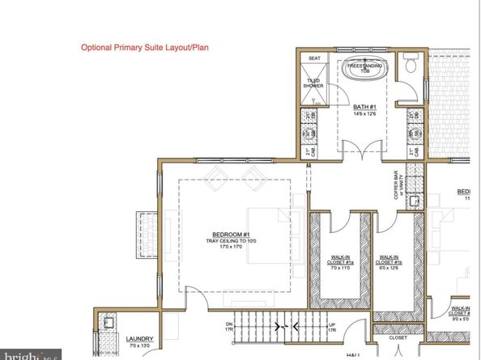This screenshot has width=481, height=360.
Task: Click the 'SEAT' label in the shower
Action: (x=313, y=59)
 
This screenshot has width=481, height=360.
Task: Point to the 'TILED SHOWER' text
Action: (x=313, y=83)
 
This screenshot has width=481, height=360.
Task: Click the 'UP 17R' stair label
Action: (x=332, y=328)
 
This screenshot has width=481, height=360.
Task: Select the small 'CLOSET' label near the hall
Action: (x=398, y=339)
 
